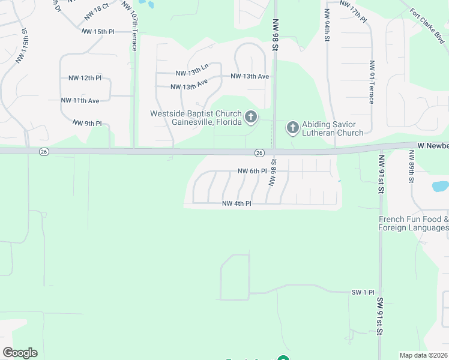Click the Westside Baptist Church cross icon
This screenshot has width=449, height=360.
click(251, 116)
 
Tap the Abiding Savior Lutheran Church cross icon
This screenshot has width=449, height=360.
click(292, 127)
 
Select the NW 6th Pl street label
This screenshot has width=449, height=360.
click(252, 171)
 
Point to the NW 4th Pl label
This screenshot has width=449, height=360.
click(237, 203)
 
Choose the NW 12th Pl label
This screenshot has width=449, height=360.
click(85, 78)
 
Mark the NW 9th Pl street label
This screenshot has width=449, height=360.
click(88, 123)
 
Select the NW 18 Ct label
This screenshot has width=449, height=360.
click(97, 10)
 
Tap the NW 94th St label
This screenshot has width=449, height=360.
click(327, 25)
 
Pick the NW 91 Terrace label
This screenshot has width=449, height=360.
click(372, 82)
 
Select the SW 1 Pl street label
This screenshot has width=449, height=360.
click(363, 292)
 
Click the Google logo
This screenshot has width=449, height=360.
click(20, 353)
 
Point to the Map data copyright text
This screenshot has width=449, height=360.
click(423, 355)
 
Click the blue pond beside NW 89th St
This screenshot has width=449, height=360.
click(441, 187)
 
